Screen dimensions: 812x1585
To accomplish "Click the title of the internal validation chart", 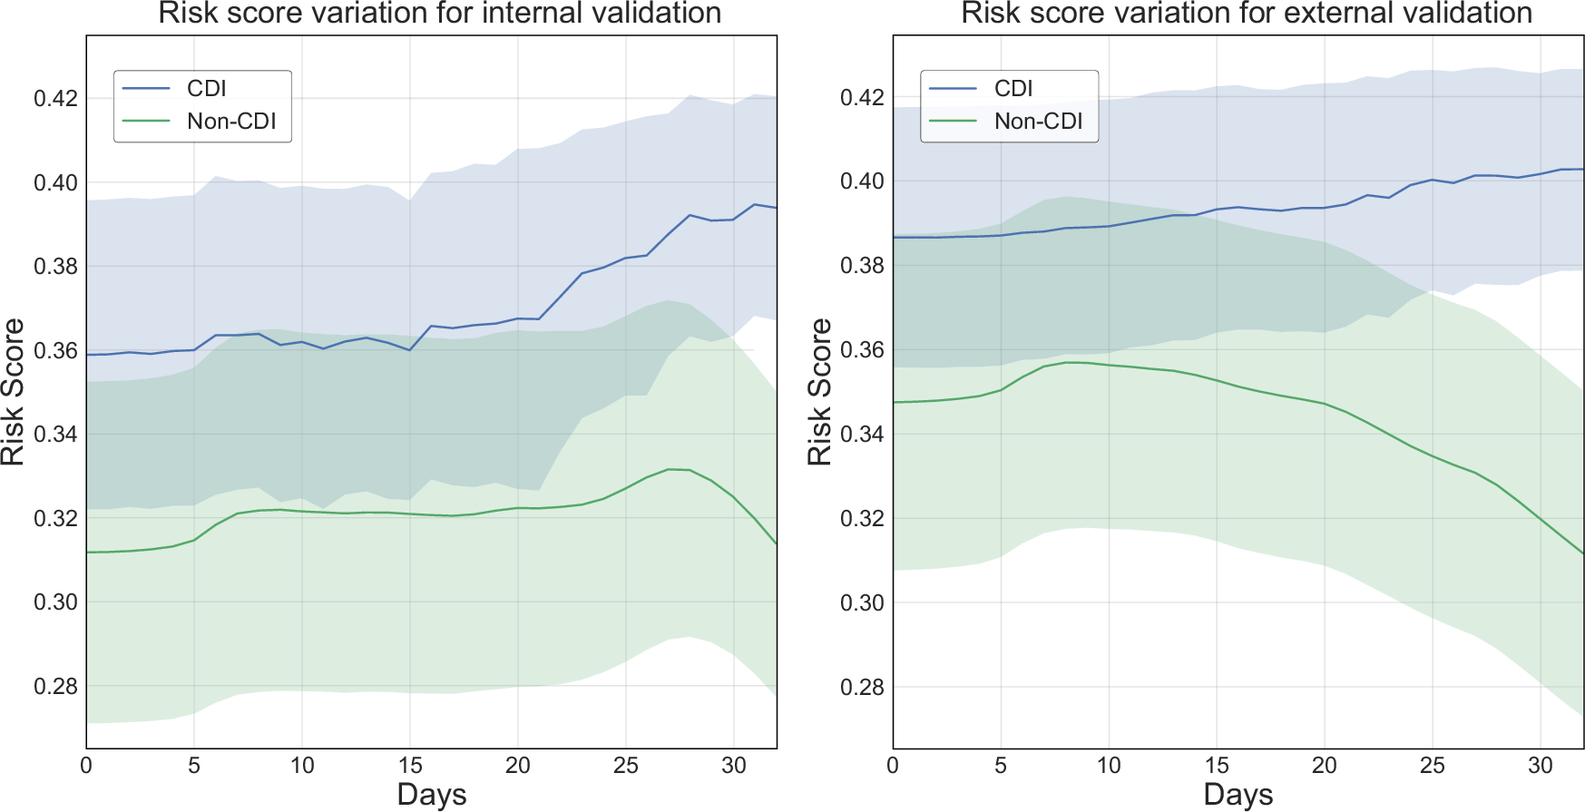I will coord(440,14).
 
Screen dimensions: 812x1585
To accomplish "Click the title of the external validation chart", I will coord(1247,14).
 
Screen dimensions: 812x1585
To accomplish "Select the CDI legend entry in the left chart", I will coord(206,89).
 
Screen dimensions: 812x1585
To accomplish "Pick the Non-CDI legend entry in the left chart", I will coord(230,122).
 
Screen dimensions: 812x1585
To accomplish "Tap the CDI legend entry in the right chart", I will coord(1013,89).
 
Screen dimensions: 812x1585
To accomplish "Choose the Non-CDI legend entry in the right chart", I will coord(1038,122).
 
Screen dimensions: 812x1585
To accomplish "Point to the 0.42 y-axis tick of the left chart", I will coord(55,98).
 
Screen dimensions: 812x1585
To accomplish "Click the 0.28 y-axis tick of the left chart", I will coord(55,687).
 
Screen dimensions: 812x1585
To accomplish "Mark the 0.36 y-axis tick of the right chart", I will coord(862,350).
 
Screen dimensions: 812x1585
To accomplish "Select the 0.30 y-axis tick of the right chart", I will coord(862,602).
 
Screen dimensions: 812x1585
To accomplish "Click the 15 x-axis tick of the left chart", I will coord(410,766).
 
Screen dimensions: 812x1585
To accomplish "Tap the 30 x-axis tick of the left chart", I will coord(734,766).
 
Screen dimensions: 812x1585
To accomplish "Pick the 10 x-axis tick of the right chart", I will coord(1109,766).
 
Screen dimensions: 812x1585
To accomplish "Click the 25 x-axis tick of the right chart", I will coord(1433,766).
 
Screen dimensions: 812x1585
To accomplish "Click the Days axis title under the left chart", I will coord(431,795).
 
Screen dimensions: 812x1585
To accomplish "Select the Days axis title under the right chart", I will coord(1238,795).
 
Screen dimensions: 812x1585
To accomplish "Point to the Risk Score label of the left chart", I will coord(13,392).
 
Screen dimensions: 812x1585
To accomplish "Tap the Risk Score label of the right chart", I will coord(819,392).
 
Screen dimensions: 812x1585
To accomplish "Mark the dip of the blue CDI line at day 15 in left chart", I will coord(410,350).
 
